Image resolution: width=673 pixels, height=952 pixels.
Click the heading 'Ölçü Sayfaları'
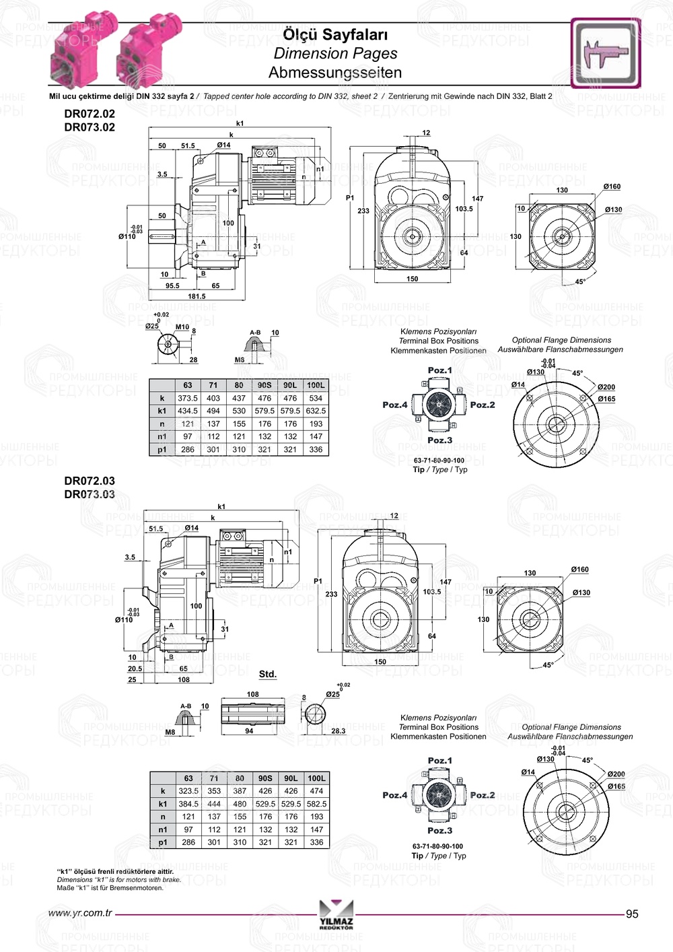[334, 34]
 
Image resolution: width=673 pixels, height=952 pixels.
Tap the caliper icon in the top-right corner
[606, 53]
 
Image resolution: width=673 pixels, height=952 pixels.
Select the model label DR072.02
[90, 114]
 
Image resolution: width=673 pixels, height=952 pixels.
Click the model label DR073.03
[90, 494]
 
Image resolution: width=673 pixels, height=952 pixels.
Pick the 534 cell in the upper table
[316, 398]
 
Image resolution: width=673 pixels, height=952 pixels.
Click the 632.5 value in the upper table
[316, 411]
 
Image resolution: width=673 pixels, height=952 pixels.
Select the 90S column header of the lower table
[265, 778]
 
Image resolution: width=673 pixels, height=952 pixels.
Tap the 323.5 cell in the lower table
[188, 791]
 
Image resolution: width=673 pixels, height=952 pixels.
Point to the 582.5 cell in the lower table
[316, 804]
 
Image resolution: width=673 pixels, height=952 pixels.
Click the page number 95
[632, 914]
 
